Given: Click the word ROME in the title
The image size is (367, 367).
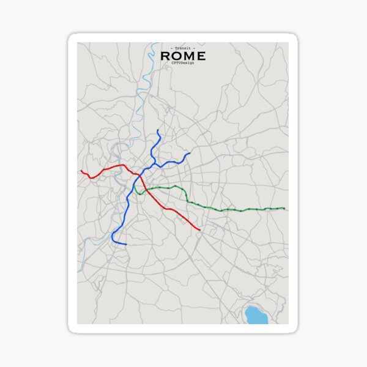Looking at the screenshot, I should [x=182, y=56].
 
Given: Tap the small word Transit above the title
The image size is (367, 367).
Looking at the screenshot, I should [x=182, y=48].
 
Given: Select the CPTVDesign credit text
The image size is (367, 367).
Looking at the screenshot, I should [x=182, y=63].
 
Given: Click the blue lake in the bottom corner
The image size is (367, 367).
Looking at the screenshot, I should [x=254, y=314].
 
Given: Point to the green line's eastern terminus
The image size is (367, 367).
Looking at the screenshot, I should [x=284, y=209].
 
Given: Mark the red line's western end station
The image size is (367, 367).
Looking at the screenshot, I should [x=81, y=171].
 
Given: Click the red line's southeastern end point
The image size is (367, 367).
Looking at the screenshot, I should [x=200, y=230].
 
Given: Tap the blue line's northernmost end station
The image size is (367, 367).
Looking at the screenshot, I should [x=158, y=130].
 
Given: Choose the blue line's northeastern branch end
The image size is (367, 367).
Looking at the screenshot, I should [x=190, y=154].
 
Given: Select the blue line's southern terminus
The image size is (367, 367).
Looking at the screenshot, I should [x=126, y=244].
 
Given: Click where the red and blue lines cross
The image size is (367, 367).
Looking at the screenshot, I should [x=140, y=176].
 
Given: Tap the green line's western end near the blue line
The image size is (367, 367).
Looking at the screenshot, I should [x=137, y=187].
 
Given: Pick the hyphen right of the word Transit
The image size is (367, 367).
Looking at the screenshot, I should [x=194, y=48].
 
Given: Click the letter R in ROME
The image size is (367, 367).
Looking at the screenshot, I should [x=165, y=56].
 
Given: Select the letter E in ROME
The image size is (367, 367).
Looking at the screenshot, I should [x=201, y=56].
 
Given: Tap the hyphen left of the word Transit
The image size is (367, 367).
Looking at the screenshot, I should [x=171, y=48].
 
